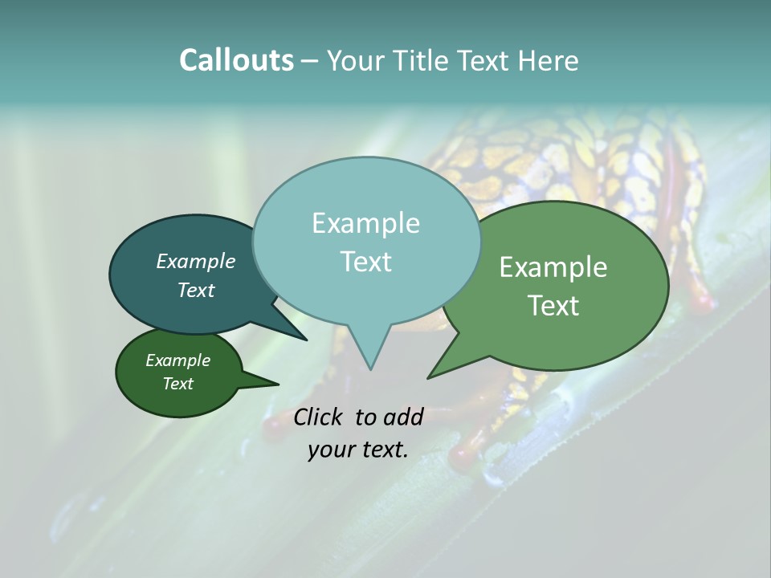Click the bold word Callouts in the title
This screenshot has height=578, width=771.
coord(236,60)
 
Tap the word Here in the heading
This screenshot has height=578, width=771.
coord(548,60)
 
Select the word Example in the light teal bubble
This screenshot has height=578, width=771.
coord(365,223)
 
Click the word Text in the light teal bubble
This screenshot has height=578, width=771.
coord(365,262)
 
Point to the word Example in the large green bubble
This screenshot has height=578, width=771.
coord(553,267)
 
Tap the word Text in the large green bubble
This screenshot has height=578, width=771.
coord(553,306)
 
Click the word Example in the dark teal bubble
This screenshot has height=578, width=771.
coord(196,262)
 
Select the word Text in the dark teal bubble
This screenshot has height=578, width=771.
coord(196,290)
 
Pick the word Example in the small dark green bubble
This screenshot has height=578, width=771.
coord(178,360)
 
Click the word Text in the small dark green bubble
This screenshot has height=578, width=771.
coord(178,384)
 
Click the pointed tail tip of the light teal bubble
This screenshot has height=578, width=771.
coord(370,369)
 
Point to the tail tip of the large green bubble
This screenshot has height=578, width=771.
coord(428,377)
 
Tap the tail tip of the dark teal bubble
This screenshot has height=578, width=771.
coord(307,340)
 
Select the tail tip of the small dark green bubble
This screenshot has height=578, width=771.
coord(278,384)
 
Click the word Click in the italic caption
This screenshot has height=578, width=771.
coord(319,417)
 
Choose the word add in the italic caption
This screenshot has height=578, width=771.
coord(403,417)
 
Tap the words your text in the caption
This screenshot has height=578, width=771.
coord(358,450)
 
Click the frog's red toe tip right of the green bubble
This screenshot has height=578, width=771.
coord(704,303)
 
